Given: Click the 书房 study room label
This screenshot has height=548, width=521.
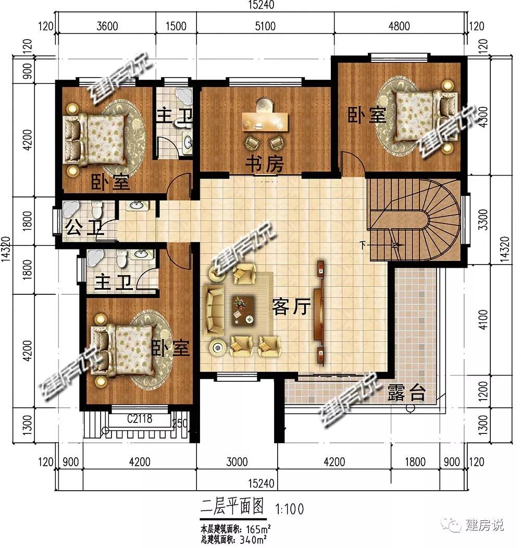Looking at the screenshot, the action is (264, 164).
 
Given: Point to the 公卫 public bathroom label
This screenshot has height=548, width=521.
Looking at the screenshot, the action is (84, 228).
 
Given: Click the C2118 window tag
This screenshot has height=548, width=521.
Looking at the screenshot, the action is (140, 418).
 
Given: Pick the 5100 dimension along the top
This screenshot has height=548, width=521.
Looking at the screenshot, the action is (265, 26).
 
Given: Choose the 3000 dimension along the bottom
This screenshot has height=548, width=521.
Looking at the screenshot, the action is (237, 462).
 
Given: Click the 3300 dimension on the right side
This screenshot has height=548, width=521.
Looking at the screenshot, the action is (483, 219).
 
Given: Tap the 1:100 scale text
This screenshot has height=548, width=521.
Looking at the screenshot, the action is (290, 509).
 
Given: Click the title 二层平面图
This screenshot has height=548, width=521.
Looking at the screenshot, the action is (232, 506).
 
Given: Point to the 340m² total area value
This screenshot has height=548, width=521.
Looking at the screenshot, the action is (253, 540).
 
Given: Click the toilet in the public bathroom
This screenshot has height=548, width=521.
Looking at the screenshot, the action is (96, 209).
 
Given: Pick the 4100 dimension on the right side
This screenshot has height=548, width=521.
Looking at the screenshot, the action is (483, 319).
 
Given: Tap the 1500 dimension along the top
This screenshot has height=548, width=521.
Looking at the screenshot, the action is (176, 26).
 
